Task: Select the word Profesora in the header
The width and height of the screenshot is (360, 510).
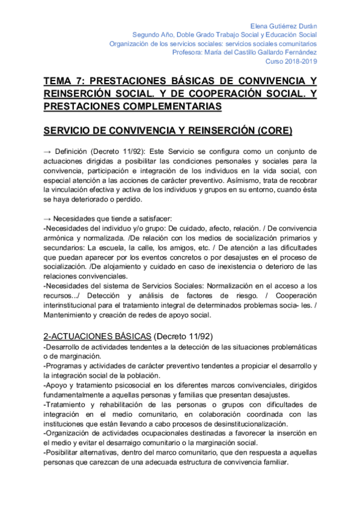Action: point(187,52)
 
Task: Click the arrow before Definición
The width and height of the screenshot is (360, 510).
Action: point(49,152)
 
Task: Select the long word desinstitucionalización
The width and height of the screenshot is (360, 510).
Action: point(228,423)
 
